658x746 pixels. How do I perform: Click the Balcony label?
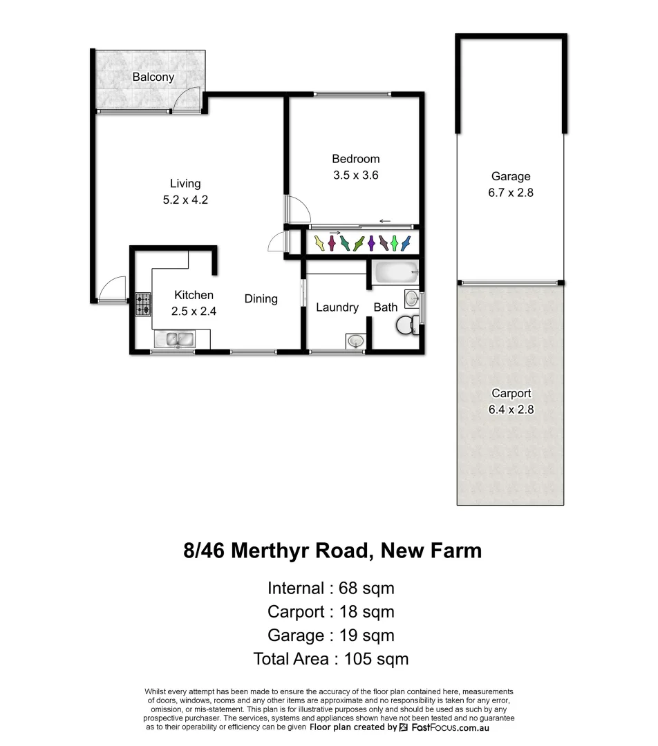click(x=153, y=77)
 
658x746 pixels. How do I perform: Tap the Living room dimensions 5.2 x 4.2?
click(x=185, y=200)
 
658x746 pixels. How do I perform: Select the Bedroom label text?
click(x=355, y=159)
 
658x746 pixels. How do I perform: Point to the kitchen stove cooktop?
click(x=142, y=304)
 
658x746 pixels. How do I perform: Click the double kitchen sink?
click(x=178, y=339)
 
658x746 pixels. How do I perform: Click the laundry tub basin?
click(x=355, y=341)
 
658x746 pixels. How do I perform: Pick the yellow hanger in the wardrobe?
click(x=319, y=243)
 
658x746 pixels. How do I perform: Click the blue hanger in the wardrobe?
click(x=405, y=243)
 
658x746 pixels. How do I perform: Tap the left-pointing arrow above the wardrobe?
click(x=385, y=221)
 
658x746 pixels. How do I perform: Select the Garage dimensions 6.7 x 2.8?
click(x=510, y=193)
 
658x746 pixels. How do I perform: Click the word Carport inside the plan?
click(x=511, y=393)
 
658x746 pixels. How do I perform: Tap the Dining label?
click(x=261, y=299)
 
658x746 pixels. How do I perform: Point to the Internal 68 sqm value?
click(x=366, y=589)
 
